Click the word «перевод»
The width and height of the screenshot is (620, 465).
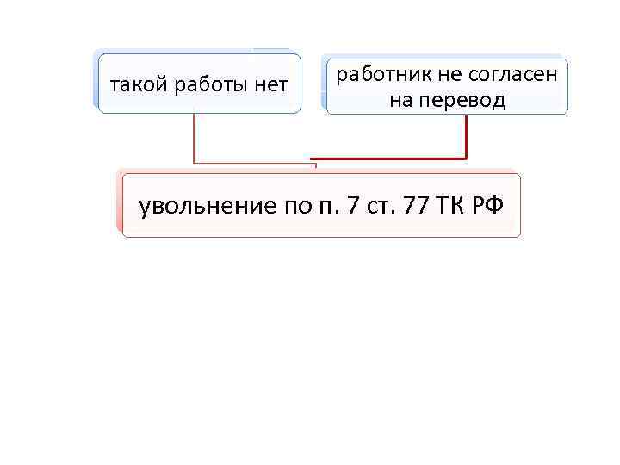[x=462, y=101]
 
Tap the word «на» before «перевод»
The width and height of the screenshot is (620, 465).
[x=400, y=101]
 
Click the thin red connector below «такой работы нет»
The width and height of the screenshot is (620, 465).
[x=195, y=138]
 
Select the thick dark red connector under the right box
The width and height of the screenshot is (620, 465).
[x=466, y=138]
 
